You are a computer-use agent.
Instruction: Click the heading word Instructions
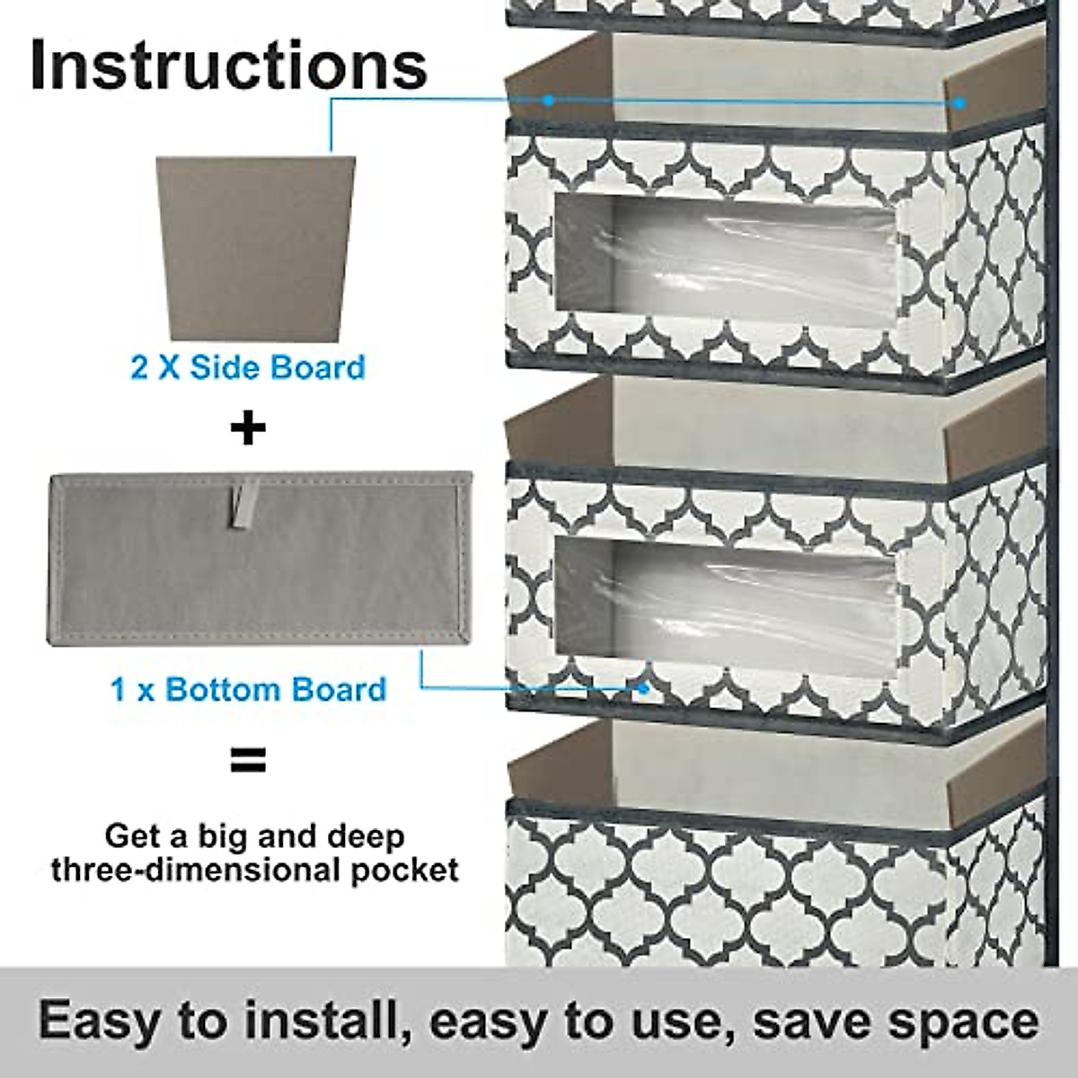pyautogui.click(x=228, y=65)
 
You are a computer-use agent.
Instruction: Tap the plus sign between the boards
pyautogui.click(x=248, y=428)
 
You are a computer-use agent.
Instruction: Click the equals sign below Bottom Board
pyautogui.click(x=248, y=761)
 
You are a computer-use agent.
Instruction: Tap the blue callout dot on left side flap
pyautogui.click(x=548, y=101)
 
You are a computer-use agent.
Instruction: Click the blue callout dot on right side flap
pyautogui.click(x=959, y=103)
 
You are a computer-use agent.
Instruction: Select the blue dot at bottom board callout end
pyautogui.click(x=643, y=688)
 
